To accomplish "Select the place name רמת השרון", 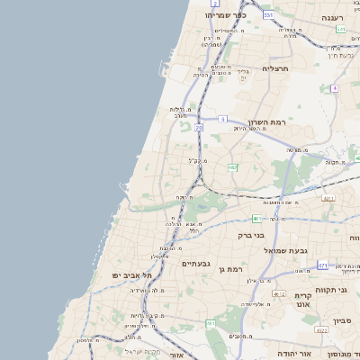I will (x=267, y=122).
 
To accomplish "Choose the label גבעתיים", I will (x=195, y=264).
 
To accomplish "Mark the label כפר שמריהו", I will (x=225, y=14).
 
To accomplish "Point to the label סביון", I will (x=346, y=320).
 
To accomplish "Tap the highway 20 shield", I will (x=199, y=129).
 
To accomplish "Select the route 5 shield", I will (x=222, y=119).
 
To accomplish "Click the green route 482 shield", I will (x=232, y=167).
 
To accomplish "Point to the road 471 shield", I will (x=322, y=265).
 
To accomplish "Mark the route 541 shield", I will (x=339, y=30).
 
